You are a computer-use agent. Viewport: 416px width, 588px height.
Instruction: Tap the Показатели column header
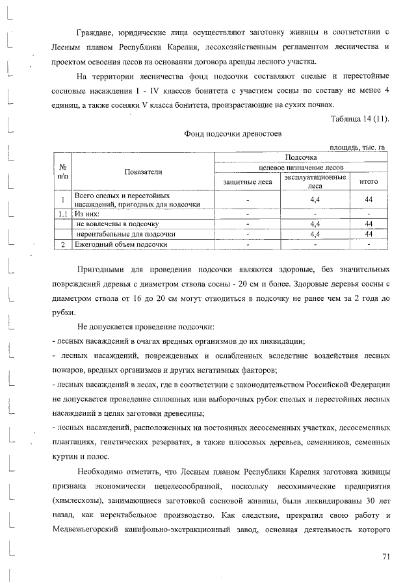pyautogui.click(x=144, y=172)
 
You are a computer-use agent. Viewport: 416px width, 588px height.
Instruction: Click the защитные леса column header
pyautogui.click(x=248, y=182)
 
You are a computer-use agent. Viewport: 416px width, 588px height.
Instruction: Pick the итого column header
pyautogui.click(x=368, y=182)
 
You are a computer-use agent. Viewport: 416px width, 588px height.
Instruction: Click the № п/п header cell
pyautogui.click(x=62, y=172)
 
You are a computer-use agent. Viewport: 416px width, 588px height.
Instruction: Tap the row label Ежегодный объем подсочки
pyautogui.click(x=116, y=244)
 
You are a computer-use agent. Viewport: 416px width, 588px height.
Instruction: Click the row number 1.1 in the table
pyautogui.click(x=62, y=212)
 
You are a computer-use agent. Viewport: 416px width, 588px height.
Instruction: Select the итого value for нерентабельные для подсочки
pyautogui.click(x=368, y=234)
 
